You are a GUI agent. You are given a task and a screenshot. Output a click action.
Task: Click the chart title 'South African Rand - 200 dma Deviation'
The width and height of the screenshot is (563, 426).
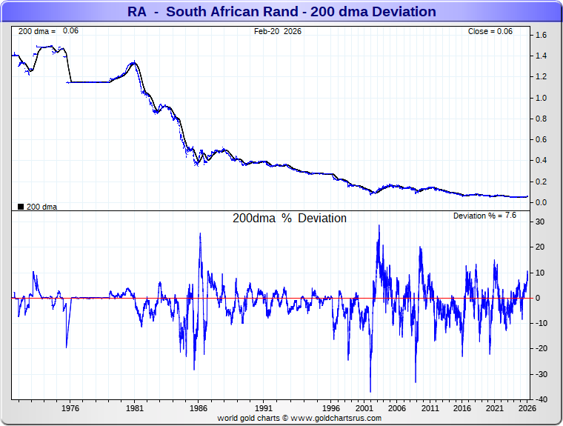[x=281, y=12]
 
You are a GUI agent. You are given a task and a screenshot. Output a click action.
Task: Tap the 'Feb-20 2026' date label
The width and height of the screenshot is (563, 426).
[x=277, y=31]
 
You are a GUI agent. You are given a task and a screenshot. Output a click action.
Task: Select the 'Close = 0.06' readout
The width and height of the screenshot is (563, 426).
[x=490, y=31]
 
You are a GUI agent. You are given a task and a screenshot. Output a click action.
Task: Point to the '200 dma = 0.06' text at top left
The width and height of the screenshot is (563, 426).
[x=48, y=31]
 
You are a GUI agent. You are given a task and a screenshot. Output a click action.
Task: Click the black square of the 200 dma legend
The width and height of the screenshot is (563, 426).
[x=21, y=207]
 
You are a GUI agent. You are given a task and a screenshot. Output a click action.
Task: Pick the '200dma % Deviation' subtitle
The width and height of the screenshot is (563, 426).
[x=290, y=219]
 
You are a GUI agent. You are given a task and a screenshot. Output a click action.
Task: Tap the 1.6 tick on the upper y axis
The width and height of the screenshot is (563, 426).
[x=541, y=36]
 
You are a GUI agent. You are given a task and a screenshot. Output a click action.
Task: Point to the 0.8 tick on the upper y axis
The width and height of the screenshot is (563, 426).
[x=541, y=119]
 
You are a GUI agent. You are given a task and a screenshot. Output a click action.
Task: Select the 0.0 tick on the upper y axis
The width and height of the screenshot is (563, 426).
[x=541, y=202]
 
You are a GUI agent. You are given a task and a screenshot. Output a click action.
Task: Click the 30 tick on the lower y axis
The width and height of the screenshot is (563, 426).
[x=541, y=222]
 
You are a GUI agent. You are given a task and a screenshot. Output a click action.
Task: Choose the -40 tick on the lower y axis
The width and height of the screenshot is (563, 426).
[x=540, y=399]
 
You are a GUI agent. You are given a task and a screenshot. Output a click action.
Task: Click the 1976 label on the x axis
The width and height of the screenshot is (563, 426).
[x=70, y=408]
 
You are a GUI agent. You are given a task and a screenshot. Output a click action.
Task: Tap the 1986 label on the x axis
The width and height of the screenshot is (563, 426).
[x=199, y=408]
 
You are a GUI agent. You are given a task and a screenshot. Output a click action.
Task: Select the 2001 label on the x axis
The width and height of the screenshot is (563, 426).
[x=364, y=408]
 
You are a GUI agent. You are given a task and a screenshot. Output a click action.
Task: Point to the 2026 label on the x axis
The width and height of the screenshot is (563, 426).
[x=526, y=408]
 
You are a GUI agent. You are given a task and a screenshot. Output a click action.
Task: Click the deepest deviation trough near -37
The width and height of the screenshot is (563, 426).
[x=370, y=392]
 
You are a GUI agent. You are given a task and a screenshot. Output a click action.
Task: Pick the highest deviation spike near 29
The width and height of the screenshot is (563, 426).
[x=379, y=225]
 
